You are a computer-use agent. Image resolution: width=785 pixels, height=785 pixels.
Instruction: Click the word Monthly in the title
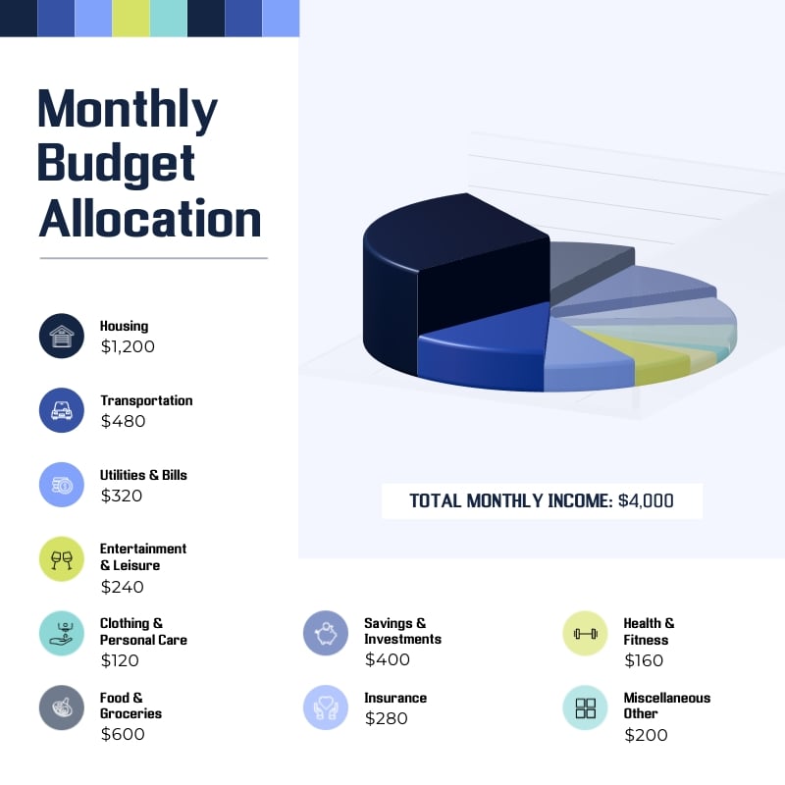[x=128, y=110]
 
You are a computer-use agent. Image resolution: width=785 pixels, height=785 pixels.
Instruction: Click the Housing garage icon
[x=62, y=337]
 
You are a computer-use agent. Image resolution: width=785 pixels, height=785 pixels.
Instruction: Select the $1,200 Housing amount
[x=128, y=346]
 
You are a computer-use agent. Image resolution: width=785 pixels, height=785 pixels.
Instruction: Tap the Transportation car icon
[x=62, y=410]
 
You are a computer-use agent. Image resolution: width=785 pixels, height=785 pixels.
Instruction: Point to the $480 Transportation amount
[x=123, y=421]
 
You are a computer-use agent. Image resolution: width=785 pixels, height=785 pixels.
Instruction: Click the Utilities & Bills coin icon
[x=62, y=485]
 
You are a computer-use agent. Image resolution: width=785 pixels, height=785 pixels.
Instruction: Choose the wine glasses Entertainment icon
[x=62, y=559]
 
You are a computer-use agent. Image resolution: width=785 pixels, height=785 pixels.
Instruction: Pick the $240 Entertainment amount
[x=123, y=587]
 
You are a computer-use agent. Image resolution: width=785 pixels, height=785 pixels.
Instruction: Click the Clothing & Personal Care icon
[x=62, y=633]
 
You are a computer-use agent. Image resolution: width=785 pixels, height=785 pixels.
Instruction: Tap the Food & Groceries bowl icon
[x=62, y=707]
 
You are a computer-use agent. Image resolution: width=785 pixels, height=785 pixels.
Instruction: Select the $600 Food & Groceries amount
[x=123, y=734]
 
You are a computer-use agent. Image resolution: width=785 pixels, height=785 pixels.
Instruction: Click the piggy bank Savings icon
[x=326, y=633]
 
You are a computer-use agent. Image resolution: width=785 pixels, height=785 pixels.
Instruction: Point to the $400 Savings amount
[x=388, y=659]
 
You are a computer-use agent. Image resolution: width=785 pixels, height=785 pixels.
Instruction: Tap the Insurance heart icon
[x=326, y=707]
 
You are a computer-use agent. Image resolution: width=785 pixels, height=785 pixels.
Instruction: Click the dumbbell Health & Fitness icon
[x=586, y=633]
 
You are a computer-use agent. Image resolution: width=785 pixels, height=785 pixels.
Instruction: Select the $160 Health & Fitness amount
[x=644, y=660]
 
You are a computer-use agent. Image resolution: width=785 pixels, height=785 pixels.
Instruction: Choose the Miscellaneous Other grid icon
[x=586, y=707]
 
